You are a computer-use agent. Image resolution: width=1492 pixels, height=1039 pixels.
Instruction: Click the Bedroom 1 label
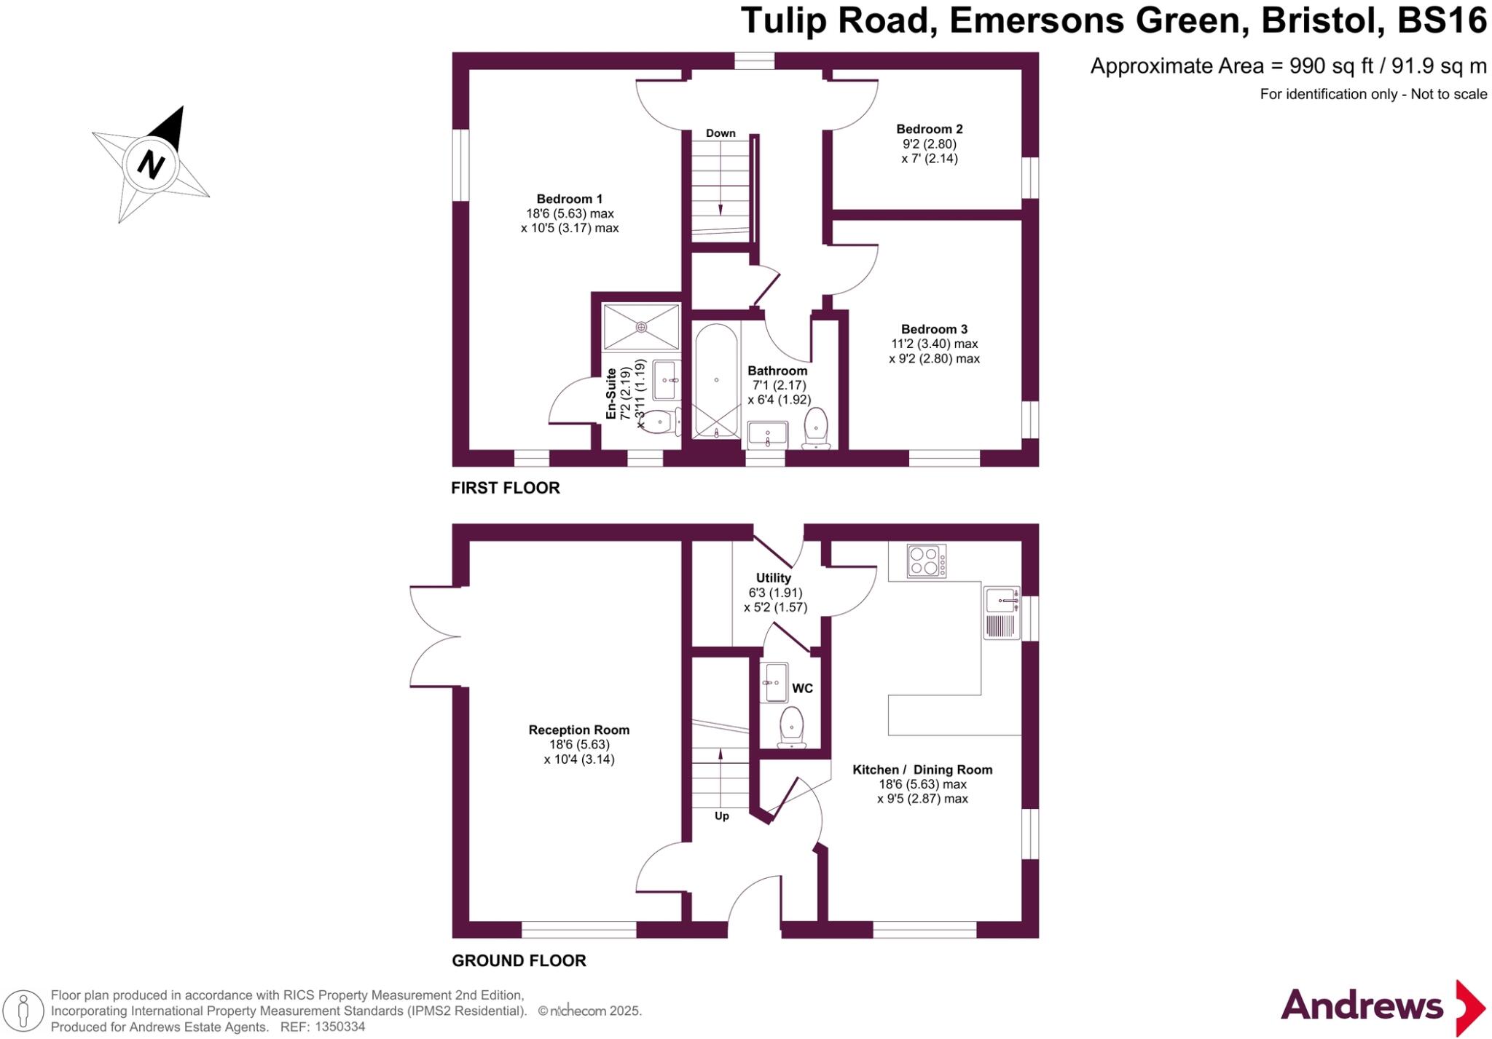(569, 199)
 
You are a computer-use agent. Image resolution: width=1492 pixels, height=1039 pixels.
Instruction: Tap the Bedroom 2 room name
(929, 129)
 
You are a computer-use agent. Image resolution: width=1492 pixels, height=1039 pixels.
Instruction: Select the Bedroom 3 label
(934, 329)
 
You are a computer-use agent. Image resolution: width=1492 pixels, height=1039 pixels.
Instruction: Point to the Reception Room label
(578, 730)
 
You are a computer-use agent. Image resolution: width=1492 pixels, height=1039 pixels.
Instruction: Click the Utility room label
(773, 577)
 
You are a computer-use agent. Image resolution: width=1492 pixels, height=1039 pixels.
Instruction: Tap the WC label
(802, 688)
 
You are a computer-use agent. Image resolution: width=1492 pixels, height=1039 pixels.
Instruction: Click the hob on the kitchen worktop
(926, 561)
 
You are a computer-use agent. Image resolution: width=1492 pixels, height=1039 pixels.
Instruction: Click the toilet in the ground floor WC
(790, 727)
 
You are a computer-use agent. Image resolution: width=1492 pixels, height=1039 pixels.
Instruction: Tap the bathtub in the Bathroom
(716, 381)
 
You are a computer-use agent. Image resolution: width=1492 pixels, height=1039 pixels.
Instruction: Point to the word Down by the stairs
(721, 133)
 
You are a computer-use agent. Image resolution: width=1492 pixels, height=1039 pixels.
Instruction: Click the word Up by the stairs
(721, 815)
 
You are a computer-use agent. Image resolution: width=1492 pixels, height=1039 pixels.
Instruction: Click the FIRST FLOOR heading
(505, 488)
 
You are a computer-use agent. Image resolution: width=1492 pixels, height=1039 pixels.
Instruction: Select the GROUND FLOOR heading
(519, 960)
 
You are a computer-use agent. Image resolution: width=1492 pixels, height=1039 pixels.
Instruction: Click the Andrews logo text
(1362, 1006)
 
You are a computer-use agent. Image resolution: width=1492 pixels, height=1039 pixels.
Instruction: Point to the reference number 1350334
(340, 1027)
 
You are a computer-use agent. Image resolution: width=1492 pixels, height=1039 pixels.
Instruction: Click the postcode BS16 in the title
(1442, 20)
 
